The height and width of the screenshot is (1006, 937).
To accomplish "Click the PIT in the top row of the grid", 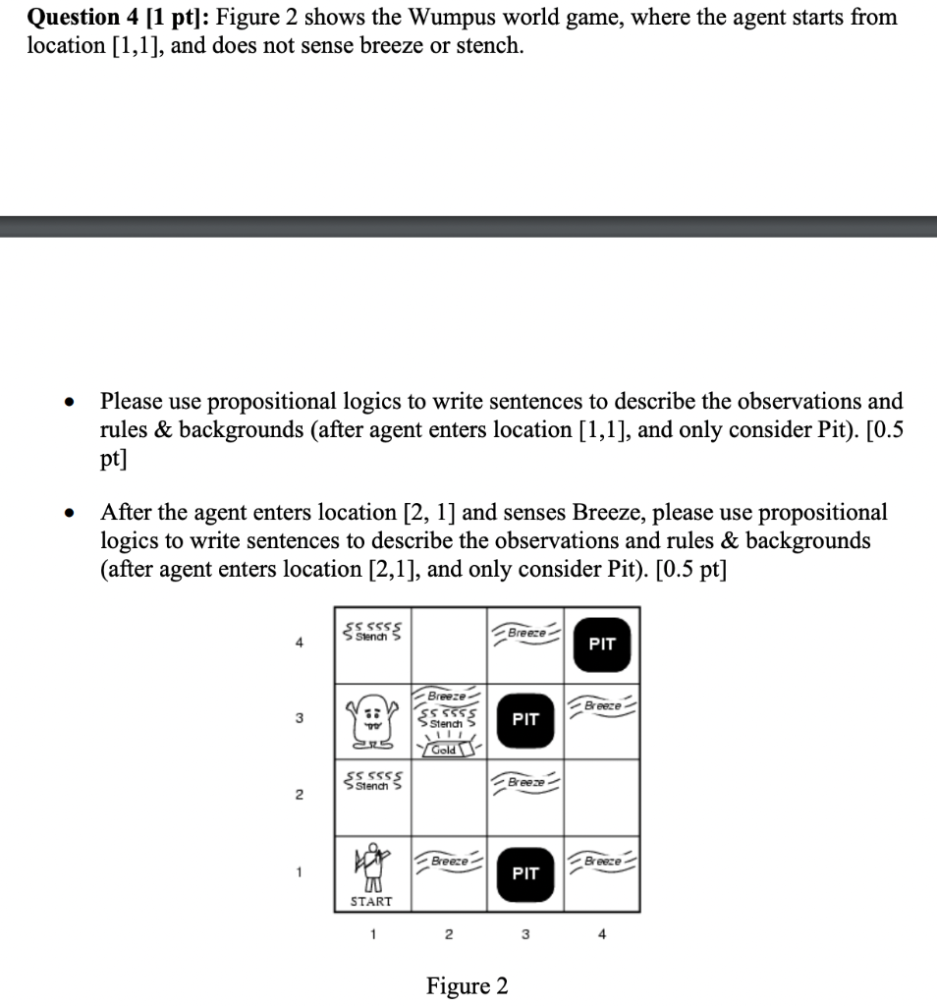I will tap(601, 643).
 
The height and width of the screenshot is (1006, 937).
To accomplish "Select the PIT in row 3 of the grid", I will tap(525, 719).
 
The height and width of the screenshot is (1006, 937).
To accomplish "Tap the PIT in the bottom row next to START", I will tap(525, 872).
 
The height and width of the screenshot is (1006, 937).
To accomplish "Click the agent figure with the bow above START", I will tap(371, 864).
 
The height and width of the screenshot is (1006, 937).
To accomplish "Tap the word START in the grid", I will tap(371, 901).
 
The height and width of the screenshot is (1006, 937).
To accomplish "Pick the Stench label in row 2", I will tap(372, 783).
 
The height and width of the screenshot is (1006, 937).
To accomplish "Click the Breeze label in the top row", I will tap(526, 634).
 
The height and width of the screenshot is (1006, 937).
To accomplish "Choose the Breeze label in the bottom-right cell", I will tap(601, 861).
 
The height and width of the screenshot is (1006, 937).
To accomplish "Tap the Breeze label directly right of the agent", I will tap(448, 861).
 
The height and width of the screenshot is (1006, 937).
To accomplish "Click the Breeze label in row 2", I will tap(526, 783).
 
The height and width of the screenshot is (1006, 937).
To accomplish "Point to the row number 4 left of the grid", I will tap(299, 644).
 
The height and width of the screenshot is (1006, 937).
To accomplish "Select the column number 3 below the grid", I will tap(525, 935).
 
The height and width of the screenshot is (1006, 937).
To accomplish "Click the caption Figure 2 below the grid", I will tap(468, 985).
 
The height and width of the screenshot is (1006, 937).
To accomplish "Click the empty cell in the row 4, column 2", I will tap(448, 643).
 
